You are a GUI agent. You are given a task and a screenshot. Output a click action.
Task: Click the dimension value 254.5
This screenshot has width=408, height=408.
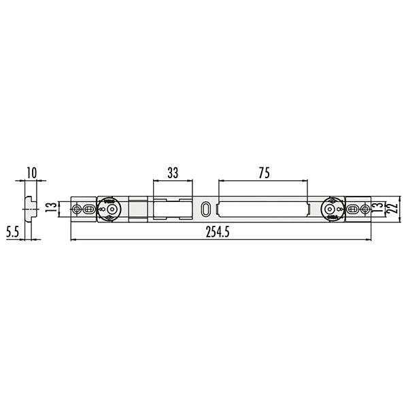[217, 233]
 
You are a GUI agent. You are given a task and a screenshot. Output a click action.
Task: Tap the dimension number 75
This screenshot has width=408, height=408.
[263, 173]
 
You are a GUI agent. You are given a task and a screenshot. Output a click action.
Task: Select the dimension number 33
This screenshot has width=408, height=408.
[172, 173]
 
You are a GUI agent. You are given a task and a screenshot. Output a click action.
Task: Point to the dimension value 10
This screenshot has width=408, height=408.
[31, 173]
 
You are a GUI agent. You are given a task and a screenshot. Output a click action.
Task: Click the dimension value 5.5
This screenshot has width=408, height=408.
[12, 232]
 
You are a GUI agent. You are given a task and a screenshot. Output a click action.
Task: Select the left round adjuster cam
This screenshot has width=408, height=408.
[109, 209]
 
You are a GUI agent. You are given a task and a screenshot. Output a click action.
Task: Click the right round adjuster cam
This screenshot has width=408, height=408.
[333, 209]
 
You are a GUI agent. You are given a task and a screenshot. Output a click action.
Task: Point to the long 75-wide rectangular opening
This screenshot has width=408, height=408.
[263, 209]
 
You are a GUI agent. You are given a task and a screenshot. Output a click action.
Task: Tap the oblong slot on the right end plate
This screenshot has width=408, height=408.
[354, 209]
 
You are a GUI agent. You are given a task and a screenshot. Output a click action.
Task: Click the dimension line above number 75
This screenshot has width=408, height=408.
[263, 182]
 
